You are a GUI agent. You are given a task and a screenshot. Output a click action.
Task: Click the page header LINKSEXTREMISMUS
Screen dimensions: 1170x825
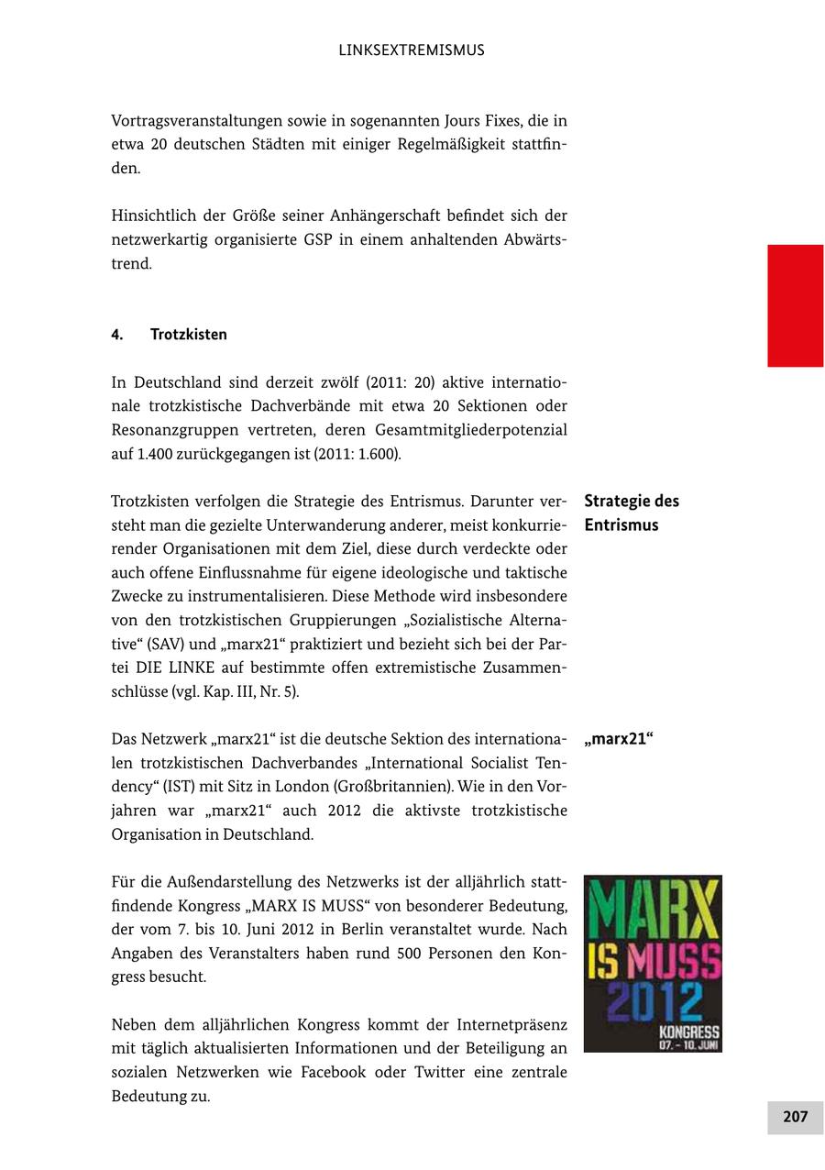(x=412, y=50)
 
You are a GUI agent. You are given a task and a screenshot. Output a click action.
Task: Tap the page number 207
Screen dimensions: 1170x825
(x=795, y=1116)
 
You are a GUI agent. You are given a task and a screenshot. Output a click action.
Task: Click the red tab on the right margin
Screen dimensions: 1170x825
(x=795, y=305)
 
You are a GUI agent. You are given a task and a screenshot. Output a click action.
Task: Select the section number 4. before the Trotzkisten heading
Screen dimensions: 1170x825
(x=117, y=335)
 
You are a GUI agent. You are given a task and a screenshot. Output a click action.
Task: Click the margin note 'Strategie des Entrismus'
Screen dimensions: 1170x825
(x=632, y=513)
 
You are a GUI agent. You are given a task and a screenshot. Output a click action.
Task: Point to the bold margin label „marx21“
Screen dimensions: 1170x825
(x=618, y=739)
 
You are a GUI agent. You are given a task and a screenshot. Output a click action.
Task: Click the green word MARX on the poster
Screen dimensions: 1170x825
(x=653, y=909)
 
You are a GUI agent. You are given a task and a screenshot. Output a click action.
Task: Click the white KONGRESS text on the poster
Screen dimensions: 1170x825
(x=688, y=1032)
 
